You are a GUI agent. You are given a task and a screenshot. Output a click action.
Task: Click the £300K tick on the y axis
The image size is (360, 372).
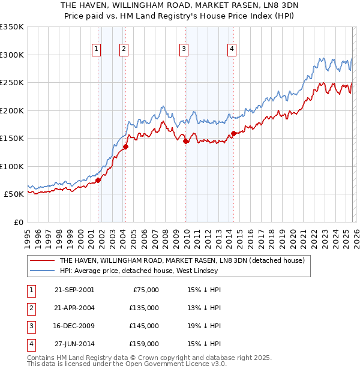[x=12, y=55]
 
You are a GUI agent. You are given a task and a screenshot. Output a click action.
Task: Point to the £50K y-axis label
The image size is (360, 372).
[x=13, y=194]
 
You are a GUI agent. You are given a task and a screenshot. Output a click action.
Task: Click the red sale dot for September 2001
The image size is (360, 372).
[x=98, y=180]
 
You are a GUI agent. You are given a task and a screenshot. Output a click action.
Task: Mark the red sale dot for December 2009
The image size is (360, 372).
[x=186, y=141]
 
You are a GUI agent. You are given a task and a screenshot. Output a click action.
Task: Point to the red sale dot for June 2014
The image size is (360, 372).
[x=234, y=133]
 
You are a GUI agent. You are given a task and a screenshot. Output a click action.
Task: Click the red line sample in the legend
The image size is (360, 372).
[x=41, y=261]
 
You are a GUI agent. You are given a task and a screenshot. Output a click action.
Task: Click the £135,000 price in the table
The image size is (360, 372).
[x=144, y=308]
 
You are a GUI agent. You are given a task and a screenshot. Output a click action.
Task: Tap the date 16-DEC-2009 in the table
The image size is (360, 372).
[x=74, y=326]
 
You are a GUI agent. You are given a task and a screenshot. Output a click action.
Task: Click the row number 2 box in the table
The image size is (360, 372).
[x=30, y=308]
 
